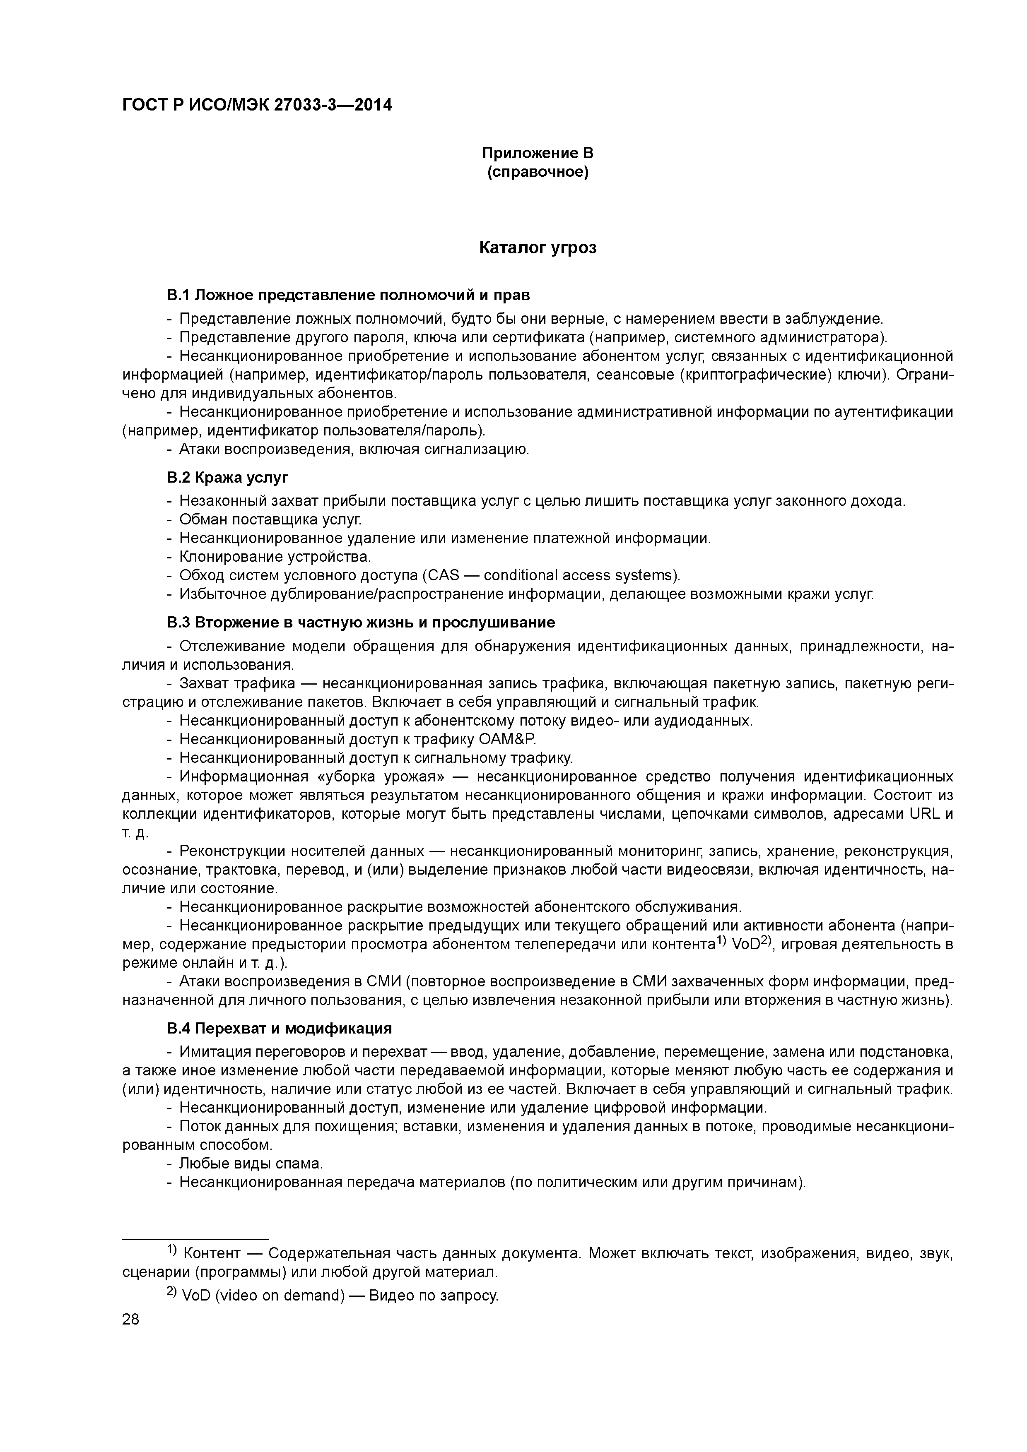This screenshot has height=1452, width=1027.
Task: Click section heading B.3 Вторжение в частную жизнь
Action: click(x=361, y=622)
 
